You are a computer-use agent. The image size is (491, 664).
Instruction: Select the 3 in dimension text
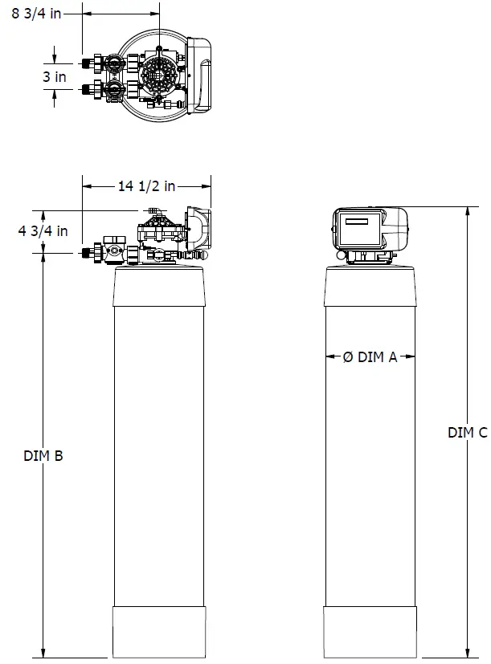coord(55,77)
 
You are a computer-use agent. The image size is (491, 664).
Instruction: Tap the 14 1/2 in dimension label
coord(146,186)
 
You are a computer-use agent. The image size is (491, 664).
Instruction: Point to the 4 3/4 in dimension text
coord(43,231)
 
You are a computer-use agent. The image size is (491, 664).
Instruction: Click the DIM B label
coord(43,455)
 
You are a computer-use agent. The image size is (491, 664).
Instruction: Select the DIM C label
coord(467,433)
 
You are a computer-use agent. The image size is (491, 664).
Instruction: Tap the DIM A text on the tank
coord(377,358)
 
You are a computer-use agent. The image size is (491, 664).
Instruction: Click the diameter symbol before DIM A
coord(347,358)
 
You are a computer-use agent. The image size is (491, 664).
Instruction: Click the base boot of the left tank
coord(161,631)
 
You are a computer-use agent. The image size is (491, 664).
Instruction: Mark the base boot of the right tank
coord(371,631)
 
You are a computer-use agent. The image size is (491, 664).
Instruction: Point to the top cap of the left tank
coord(161,285)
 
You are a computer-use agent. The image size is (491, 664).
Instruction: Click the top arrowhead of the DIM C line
coord(468,210)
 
